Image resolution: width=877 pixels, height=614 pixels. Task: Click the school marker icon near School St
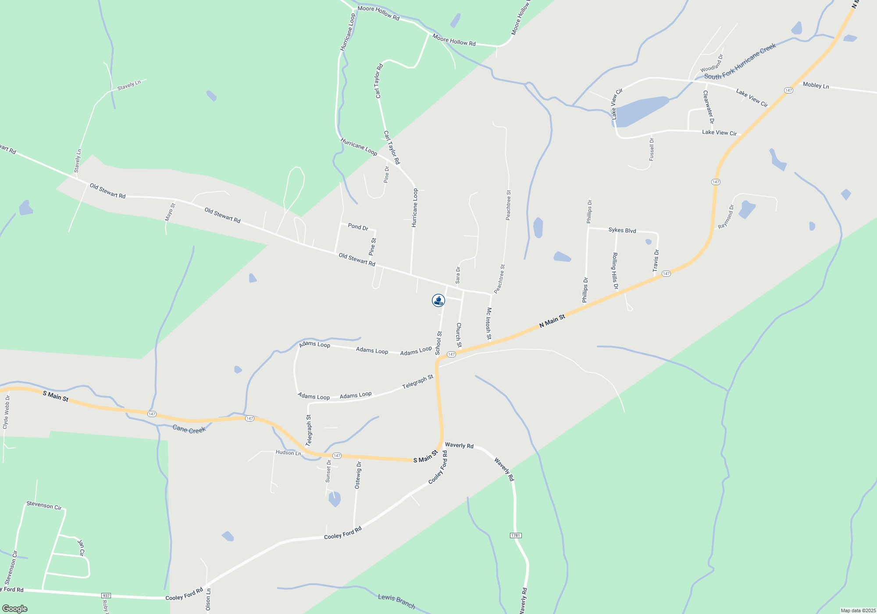[438, 300]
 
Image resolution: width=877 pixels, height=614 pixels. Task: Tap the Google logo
[15, 609]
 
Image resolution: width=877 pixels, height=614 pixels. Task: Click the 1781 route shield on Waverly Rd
[516, 535]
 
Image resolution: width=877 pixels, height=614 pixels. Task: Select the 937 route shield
[106, 596]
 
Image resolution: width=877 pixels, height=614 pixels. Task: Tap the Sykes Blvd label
[622, 230]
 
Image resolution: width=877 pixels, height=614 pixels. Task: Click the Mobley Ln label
[816, 85]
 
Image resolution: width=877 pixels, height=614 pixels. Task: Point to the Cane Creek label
[189, 429]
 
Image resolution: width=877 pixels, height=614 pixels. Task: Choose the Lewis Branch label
[396, 601]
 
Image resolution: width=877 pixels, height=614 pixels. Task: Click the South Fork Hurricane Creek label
[740, 61]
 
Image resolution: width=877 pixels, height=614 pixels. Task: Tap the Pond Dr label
[358, 226]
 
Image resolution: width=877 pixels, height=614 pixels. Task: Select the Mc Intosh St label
[488, 323]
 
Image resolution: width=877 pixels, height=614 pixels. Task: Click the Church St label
[459, 335]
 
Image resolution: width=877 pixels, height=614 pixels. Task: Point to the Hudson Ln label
[288, 453]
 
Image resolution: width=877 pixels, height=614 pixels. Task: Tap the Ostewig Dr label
[358, 475]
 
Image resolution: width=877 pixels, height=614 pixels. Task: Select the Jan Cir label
[81, 548]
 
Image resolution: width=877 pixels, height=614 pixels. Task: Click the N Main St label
[552, 321]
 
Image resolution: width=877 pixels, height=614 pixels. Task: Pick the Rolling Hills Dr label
[615, 271]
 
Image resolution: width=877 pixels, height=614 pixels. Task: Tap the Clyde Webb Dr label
[6, 412]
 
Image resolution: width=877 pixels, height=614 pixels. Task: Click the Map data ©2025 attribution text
[858, 610]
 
